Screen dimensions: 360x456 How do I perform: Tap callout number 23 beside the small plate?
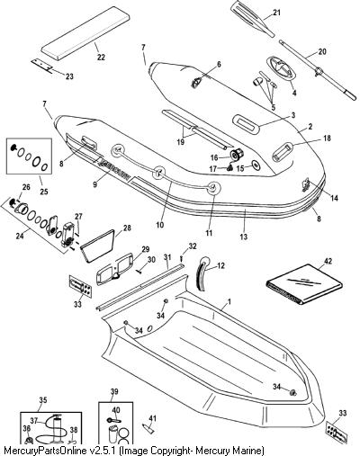69,76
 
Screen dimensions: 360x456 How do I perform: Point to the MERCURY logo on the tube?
113,170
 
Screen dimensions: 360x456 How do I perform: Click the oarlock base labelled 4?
280,67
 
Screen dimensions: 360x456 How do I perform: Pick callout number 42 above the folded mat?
328,261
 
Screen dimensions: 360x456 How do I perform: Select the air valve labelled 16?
237,155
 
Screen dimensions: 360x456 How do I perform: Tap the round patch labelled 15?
256,165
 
